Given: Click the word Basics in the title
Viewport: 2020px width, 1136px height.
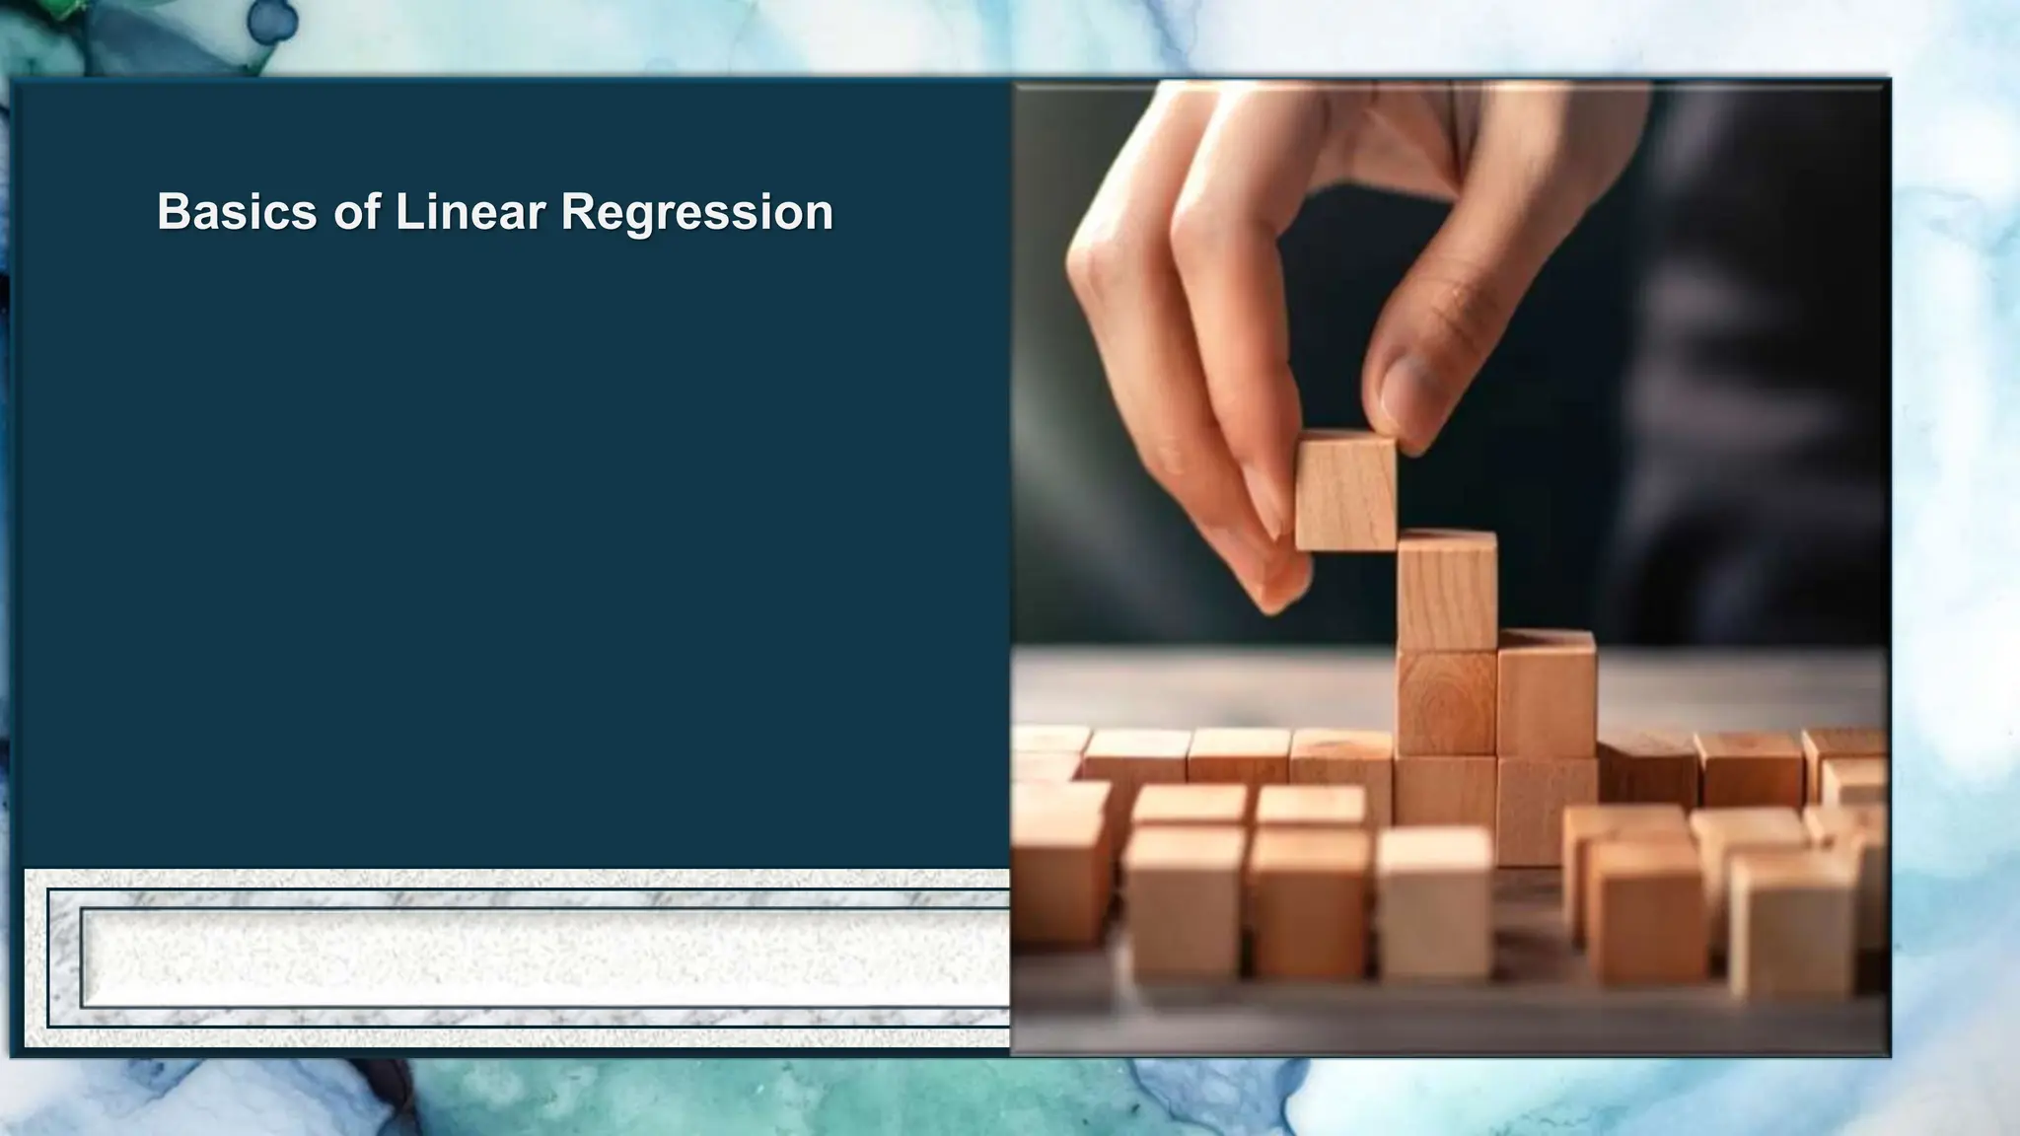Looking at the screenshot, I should pos(237,212).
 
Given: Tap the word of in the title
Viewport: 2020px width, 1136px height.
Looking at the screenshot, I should pos(356,212).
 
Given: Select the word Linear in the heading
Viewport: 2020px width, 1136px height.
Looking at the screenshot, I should pos(469,212).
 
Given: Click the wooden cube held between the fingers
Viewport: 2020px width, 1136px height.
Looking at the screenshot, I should pos(1344,493).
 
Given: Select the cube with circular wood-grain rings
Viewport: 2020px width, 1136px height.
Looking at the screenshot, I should pos(1446,702).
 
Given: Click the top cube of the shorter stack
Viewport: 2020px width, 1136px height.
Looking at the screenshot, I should pos(1547,690).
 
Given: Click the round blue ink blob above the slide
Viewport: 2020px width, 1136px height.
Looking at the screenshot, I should pos(272,20).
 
